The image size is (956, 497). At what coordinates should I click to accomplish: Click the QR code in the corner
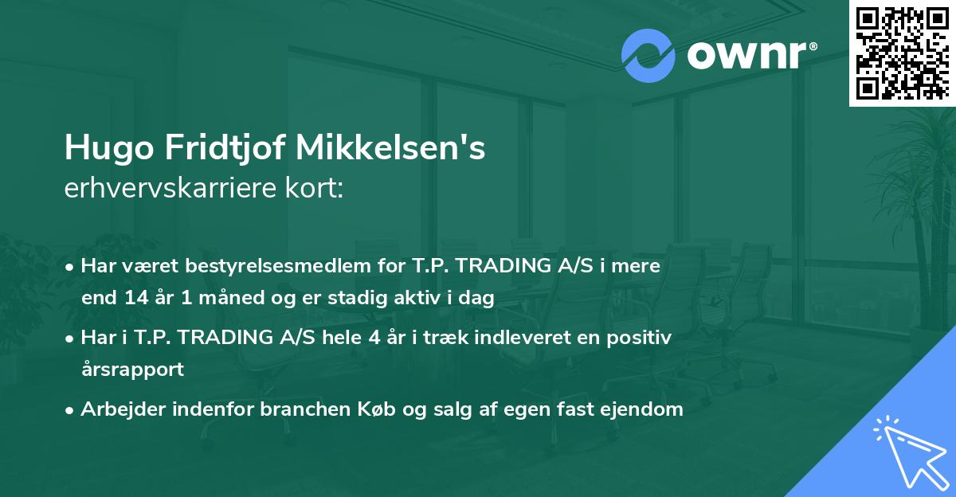902,53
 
